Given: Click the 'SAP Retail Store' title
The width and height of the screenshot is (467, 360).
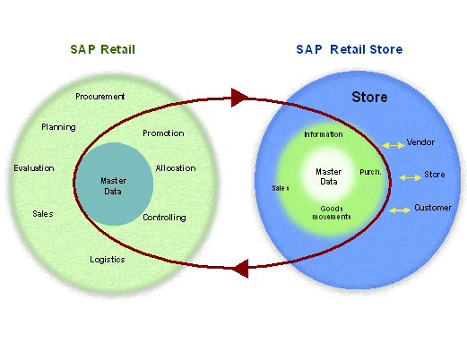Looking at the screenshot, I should [x=349, y=48].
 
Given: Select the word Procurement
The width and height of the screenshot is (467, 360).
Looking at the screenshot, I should [x=100, y=96].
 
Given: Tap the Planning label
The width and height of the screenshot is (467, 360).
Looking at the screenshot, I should [x=58, y=127].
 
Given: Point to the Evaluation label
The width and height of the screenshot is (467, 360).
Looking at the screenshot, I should [x=34, y=167].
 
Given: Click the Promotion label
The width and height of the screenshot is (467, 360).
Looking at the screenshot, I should [x=163, y=133].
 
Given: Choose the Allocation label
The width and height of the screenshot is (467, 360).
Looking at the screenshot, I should [x=176, y=167].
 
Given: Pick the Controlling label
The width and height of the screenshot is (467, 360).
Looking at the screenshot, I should [x=164, y=217].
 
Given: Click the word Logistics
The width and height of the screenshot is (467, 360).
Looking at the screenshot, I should [x=107, y=260].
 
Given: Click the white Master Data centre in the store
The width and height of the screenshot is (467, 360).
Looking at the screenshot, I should [x=329, y=176].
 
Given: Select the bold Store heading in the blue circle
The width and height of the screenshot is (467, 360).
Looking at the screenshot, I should [x=369, y=97].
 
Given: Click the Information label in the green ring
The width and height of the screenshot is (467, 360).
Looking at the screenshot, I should [x=323, y=134].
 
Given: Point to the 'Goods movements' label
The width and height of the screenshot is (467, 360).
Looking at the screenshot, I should [x=331, y=212].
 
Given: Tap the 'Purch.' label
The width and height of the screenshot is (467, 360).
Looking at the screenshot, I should [x=371, y=170].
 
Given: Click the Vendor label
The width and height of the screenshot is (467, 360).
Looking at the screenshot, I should [x=420, y=142].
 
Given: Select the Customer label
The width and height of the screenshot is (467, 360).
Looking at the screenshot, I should [x=432, y=208].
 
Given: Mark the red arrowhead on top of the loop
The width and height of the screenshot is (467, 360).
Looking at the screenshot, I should [x=239, y=97].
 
